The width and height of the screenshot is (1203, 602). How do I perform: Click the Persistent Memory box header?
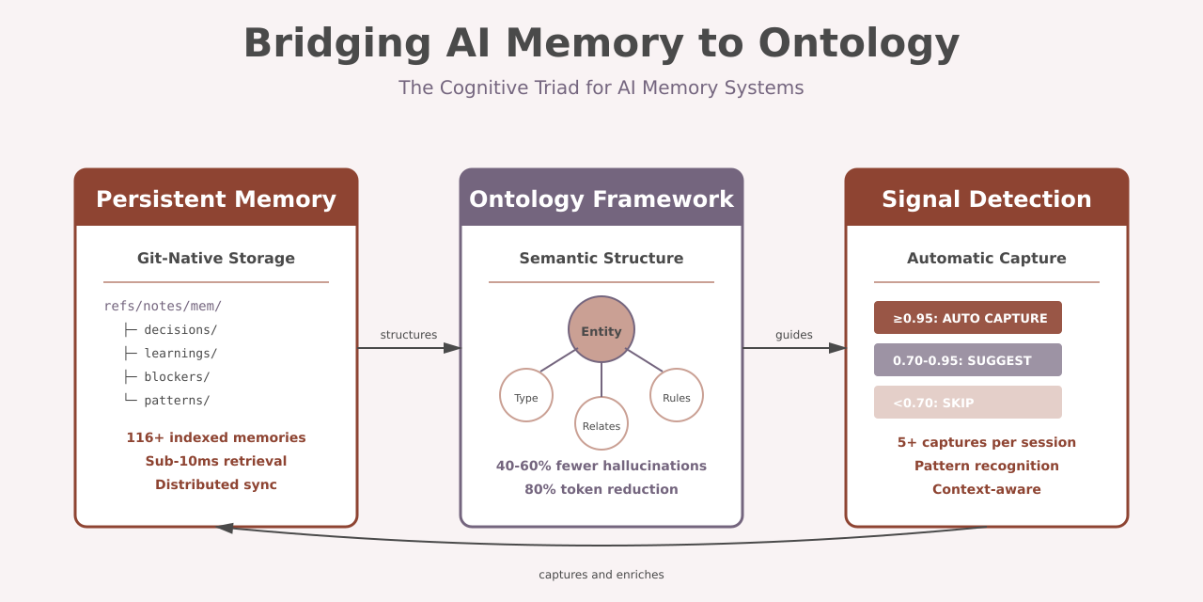coord(216,199)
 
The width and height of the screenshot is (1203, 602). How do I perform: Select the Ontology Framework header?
coord(601,199)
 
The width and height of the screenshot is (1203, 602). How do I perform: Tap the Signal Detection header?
coord(987,199)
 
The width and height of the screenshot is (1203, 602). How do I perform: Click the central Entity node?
coord(601,330)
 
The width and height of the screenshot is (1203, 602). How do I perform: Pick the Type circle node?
coord(526,396)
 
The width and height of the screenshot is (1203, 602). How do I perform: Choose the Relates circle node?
coord(601,424)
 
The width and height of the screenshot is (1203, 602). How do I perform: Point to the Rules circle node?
coord(677,396)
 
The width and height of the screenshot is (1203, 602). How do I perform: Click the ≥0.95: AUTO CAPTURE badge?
coord(968,318)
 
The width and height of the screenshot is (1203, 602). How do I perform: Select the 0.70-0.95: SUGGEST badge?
coord(968,360)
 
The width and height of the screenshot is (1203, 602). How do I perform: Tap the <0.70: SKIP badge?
coord(968,403)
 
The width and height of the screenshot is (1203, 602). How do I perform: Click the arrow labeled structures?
coord(409,348)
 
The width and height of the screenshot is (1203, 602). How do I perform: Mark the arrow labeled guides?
coord(794,348)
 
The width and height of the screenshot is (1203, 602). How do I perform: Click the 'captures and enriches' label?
coord(601,575)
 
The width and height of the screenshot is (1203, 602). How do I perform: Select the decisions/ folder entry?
coord(180,330)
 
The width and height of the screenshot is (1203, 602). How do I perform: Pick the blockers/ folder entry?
coord(176,377)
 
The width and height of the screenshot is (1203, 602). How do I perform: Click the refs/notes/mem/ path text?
coord(163,307)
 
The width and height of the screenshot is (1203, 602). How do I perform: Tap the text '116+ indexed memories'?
coord(216,437)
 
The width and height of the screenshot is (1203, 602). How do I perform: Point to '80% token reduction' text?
coord(601,489)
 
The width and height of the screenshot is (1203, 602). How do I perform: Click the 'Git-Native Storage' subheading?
coord(216,259)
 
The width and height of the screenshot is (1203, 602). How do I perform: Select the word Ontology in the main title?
coord(858,43)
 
